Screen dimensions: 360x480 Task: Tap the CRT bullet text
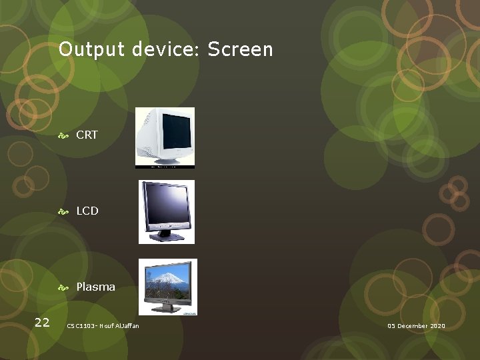87,135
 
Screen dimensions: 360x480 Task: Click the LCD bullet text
87,211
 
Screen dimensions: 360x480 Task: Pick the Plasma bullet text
95,287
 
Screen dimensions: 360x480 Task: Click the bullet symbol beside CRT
64,135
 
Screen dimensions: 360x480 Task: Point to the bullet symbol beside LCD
64,211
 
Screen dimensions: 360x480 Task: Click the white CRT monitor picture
165,137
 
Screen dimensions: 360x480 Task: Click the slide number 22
42,323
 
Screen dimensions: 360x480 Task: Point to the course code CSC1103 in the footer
82,326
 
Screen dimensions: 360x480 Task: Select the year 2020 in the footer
438,326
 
